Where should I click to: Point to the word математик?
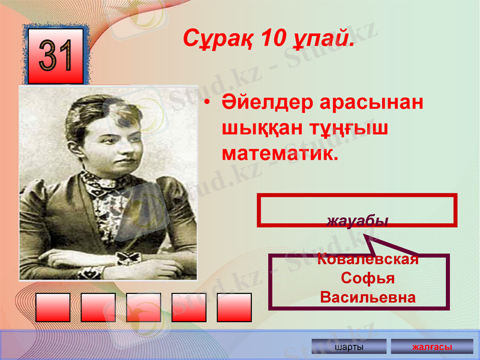point(280,153)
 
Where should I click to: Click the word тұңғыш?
point(341,128)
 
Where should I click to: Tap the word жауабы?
point(358,220)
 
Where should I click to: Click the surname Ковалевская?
point(367,260)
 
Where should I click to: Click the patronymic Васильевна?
point(367,298)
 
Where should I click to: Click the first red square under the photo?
point(53,307)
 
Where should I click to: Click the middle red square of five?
point(143,307)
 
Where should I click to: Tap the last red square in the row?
point(234,307)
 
